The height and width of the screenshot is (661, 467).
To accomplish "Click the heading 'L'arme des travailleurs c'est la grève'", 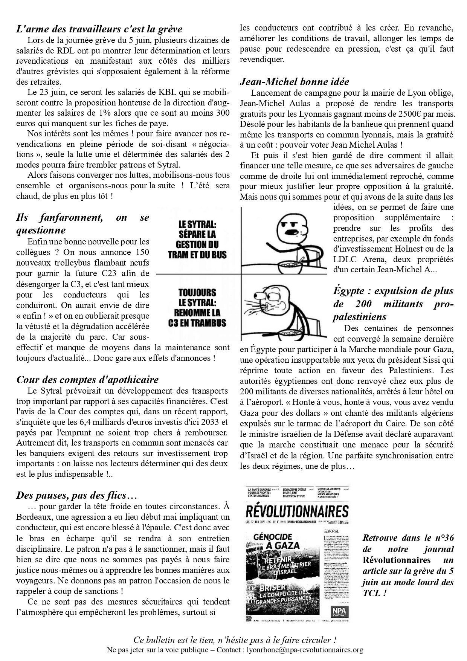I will pos(99,29).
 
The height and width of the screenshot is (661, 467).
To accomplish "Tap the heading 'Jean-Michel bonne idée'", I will pos(295,82).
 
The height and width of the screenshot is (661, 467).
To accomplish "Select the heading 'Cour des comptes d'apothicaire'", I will pos(87,380).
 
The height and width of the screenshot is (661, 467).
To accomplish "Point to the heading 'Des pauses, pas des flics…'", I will pos(76,495).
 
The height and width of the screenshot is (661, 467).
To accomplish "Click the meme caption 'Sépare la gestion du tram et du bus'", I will pos(197,240).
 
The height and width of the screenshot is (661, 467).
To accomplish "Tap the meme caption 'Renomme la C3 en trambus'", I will pos(197,307).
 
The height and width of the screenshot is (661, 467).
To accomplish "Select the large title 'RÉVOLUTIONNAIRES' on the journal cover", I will pos(297,511).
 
